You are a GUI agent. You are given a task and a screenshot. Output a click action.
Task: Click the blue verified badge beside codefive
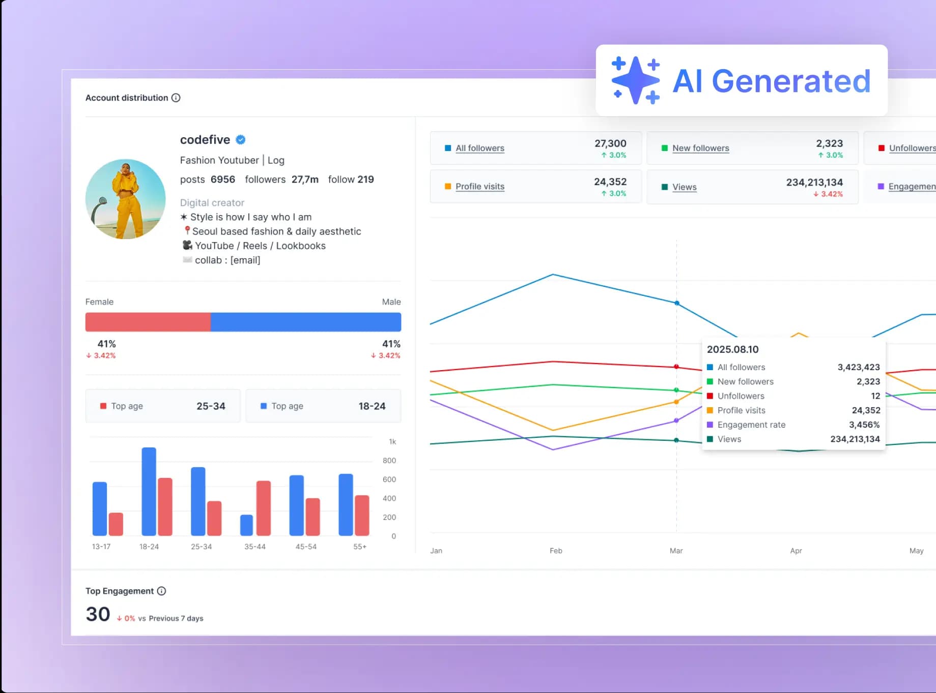[x=241, y=140]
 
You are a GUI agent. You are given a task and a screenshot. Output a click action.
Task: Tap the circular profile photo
[x=125, y=199]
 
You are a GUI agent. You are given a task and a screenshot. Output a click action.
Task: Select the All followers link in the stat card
[x=479, y=148]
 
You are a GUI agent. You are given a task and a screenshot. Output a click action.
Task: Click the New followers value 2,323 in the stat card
[x=829, y=143]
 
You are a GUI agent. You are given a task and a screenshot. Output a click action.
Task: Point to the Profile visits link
[x=479, y=186]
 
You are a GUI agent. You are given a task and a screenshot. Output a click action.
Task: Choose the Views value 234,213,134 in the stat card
[x=814, y=182]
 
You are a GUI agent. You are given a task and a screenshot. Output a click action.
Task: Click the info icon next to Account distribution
[x=176, y=98]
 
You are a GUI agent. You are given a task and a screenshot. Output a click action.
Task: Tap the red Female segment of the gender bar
[x=148, y=322]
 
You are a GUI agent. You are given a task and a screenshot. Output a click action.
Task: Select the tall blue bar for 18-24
[x=149, y=491]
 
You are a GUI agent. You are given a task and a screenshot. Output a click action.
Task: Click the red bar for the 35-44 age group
[x=263, y=507]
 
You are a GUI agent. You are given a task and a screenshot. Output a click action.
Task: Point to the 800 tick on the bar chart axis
[x=389, y=461]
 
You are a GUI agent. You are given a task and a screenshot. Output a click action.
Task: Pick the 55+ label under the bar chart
[x=359, y=547]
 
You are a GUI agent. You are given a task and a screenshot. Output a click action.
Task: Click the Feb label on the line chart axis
[x=556, y=551]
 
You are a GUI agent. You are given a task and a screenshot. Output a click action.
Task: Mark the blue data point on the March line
[x=676, y=303]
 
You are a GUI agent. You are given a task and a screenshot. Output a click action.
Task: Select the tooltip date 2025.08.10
[x=732, y=349]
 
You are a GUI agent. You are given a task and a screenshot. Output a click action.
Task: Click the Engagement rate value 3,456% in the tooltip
[x=864, y=425]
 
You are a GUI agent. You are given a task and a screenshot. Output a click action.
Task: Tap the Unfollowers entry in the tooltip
[x=741, y=396]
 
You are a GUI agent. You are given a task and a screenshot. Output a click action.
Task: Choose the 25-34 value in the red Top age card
[x=211, y=406]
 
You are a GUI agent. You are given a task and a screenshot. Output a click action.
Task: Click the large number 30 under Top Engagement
[x=98, y=614]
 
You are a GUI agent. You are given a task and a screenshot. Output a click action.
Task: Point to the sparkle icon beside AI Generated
[x=635, y=80]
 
